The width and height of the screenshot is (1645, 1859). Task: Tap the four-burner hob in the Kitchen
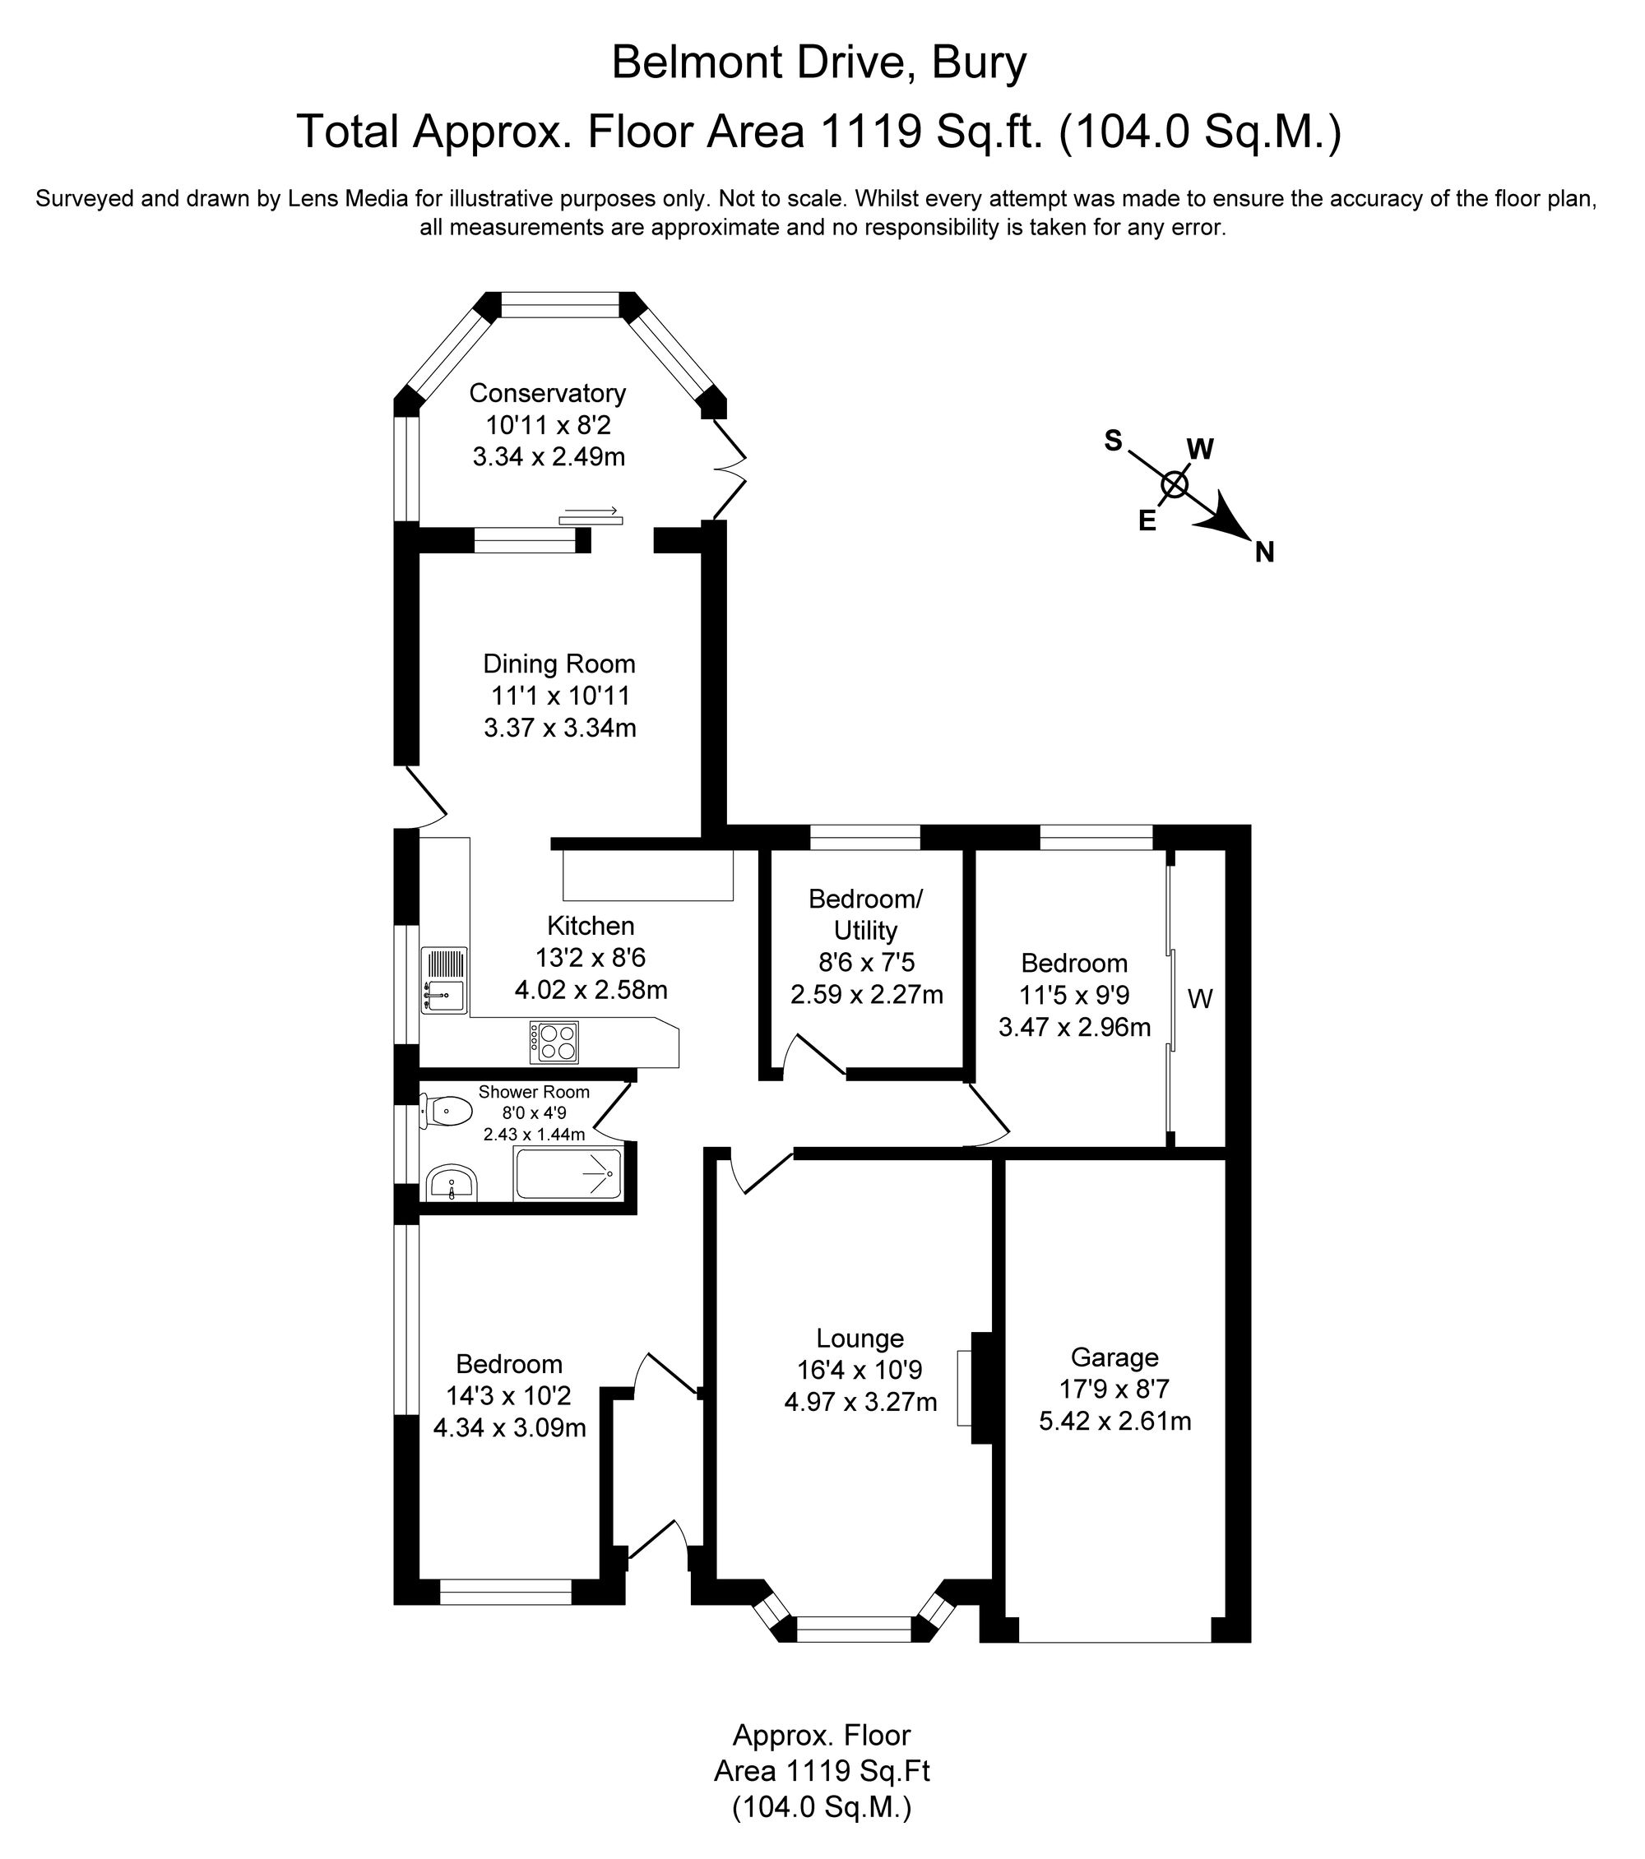pos(555,1043)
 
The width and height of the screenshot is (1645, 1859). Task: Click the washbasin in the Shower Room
pos(452,1183)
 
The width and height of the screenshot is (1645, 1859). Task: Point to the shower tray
pos(568,1174)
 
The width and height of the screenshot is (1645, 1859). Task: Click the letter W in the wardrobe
pos(1200,1000)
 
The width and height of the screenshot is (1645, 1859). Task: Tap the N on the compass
pos(1264,552)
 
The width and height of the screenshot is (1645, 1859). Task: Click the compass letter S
pos(1113,441)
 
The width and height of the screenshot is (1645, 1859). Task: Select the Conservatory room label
pos(547,393)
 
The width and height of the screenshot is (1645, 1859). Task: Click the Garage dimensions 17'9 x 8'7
pos(1114,1389)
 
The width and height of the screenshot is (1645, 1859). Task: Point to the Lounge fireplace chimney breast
pos(982,1387)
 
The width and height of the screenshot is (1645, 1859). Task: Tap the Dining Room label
pos(558,664)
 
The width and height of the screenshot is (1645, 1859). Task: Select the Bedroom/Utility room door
pos(816,1055)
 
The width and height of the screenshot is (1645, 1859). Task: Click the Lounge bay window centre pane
pos(854,1628)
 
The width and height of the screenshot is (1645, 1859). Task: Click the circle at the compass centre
pos(1175,485)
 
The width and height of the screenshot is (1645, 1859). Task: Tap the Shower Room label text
pos(534,1091)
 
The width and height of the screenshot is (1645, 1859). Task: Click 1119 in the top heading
pos(868,132)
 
